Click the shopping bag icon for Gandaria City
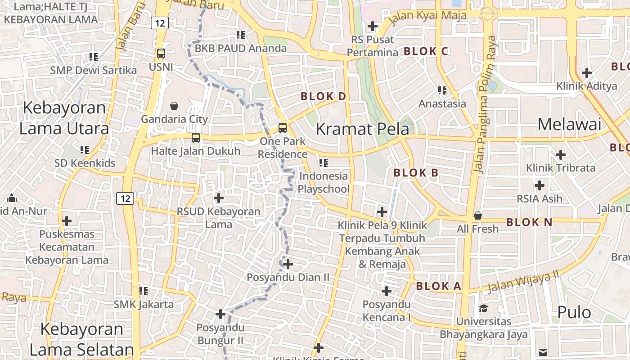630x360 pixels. pos(174,106)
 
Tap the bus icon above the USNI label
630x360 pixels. pos(161,54)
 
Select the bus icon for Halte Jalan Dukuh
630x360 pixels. pos(195,138)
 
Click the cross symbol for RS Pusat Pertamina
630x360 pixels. pos(372,26)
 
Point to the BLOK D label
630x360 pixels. pos(323,96)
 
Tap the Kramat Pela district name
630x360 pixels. pos(362,129)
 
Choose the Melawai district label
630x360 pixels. pos(569,124)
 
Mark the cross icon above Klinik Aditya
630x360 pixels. pos(586,72)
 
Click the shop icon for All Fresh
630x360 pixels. pos(478,216)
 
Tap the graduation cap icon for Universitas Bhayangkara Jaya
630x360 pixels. pos(483,308)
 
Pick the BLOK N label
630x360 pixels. pos(529,222)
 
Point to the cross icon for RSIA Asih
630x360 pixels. pos(539,185)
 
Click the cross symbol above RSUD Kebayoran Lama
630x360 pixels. pos(218,198)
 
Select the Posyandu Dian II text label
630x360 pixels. pos(288,277)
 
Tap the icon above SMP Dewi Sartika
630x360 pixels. pos(94,57)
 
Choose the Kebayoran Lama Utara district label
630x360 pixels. pos(64,118)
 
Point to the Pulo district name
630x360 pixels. pos(574,312)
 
